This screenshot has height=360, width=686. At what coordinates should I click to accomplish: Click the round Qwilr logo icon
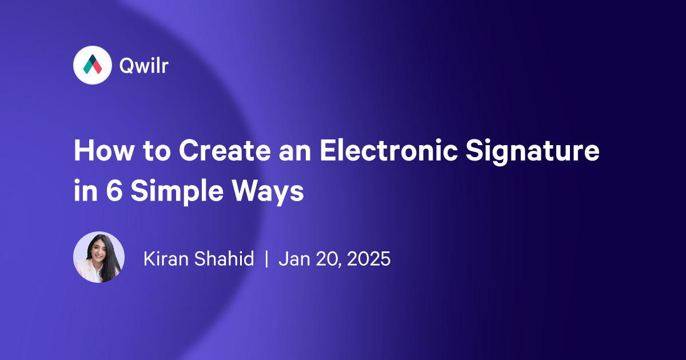pyautogui.click(x=92, y=66)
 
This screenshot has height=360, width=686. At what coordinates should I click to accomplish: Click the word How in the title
pyautogui.click(x=101, y=153)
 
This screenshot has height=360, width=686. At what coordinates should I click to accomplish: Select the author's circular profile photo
pyautogui.click(x=99, y=257)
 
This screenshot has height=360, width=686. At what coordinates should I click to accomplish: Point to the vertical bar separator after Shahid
pyautogui.click(x=266, y=259)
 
